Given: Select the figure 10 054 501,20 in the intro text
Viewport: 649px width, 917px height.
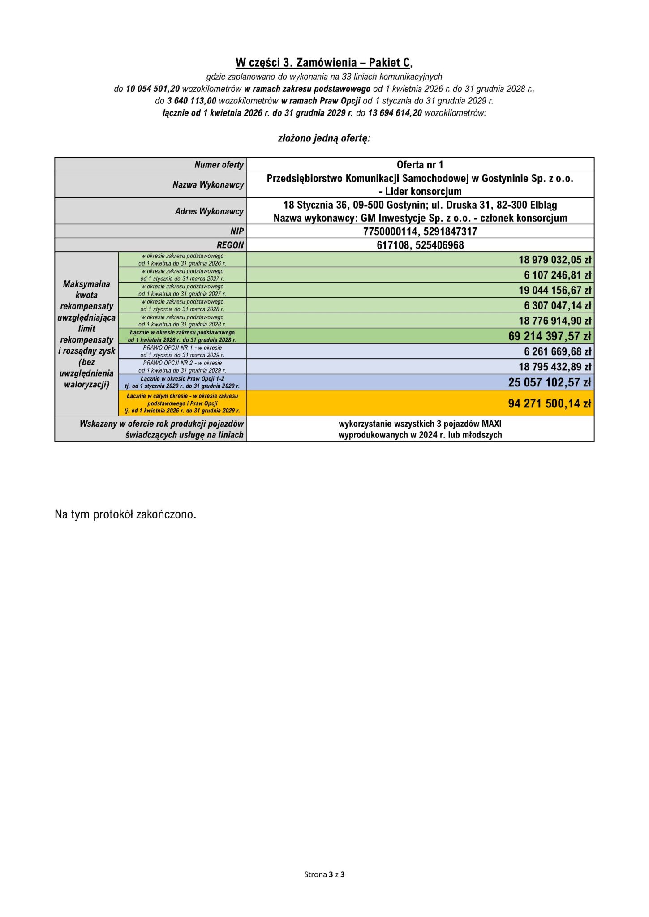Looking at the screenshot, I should pyautogui.click(x=153, y=89).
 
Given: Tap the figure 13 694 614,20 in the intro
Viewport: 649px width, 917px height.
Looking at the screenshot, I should pyautogui.click(x=395, y=113).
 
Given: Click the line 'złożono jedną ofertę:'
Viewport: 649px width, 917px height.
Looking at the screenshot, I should pyautogui.click(x=324, y=138).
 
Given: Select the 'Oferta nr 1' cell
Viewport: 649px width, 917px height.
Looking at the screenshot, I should pyautogui.click(x=420, y=164).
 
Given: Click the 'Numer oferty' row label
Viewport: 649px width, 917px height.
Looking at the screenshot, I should pyautogui.click(x=219, y=164).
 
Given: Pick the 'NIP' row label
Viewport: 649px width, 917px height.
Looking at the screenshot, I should pyautogui.click(x=237, y=231).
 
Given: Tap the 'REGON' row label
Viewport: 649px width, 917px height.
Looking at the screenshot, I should pyautogui.click(x=230, y=245).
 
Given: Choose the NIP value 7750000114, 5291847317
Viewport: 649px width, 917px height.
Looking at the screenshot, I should pyautogui.click(x=420, y=231).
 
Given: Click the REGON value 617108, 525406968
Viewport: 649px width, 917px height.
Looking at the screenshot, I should pyautogui.click(x=420, y=245).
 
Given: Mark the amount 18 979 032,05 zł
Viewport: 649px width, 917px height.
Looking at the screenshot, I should pyautogui.click(x=554, y=260).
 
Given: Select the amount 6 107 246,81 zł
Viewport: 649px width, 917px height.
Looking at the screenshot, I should pyautogui.click(x=557, y=275).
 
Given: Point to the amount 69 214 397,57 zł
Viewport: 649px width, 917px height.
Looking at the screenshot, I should pyautogui.click(x=549, y=336).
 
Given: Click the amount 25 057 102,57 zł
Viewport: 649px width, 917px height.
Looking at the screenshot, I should pyautogui.click(x=549, y=382).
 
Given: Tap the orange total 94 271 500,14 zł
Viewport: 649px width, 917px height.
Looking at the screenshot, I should pyautogui.click(x=549, y=403).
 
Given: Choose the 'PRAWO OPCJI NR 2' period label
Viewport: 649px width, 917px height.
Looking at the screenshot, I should pyautogui.click(x=182, y=366).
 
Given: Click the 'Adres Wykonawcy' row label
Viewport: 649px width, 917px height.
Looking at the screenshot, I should pyautogui.click(x=209, y=211).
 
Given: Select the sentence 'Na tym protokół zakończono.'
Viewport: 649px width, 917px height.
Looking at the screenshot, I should pyautogui.click(x=125, y=514).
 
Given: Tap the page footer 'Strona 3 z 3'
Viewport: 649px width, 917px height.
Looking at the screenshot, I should pyautogui.click(x=324, y=874).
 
